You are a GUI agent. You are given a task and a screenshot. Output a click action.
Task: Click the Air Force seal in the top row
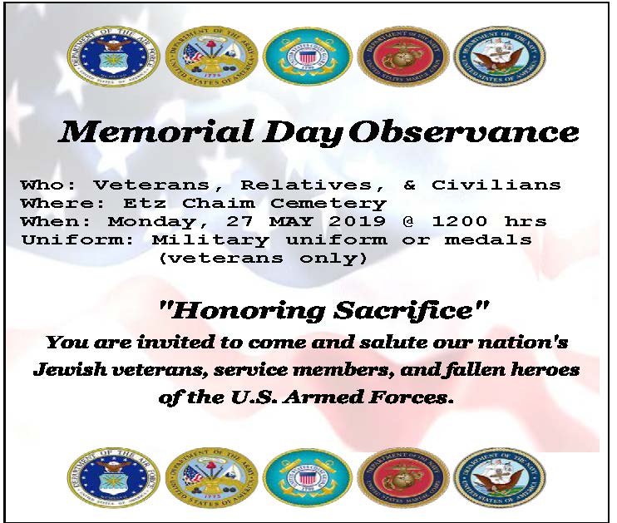[113, 57]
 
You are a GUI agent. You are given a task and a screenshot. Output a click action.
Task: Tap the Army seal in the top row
[211, 57]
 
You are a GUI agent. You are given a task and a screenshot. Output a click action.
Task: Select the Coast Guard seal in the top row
[307, 57]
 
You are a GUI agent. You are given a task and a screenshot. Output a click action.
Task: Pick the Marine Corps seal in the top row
[403, 57]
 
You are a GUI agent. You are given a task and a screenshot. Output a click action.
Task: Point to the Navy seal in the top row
[500, 57]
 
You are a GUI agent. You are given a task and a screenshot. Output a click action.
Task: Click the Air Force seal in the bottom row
[113, 477]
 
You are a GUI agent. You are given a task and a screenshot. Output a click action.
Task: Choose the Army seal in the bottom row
[211, 477]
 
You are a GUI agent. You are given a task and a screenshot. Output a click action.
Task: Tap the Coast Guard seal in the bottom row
[307, 477]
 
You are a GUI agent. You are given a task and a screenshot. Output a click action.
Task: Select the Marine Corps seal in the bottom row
[403, 477]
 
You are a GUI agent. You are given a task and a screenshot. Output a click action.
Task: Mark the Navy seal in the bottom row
[500, 477]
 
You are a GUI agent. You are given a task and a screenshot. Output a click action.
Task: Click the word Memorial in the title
[155, 131]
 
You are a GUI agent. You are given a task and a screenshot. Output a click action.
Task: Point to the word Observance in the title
[464, 132]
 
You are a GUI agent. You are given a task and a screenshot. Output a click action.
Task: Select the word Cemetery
[329, 203]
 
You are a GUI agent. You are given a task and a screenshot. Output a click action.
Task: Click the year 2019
[357, 221]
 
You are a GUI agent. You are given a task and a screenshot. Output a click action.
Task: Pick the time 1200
[460, 221]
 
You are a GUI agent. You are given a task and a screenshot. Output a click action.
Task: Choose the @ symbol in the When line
[408, 221]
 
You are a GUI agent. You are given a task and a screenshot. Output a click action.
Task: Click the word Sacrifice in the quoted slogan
[407, 310]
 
